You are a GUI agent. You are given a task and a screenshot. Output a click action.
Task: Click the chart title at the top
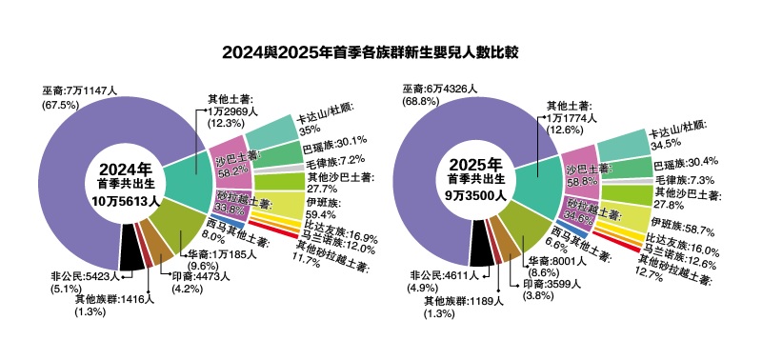point(381,50)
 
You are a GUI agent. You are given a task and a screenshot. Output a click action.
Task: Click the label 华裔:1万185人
point(217,255)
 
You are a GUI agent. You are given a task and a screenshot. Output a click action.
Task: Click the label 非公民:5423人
point(85,277)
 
